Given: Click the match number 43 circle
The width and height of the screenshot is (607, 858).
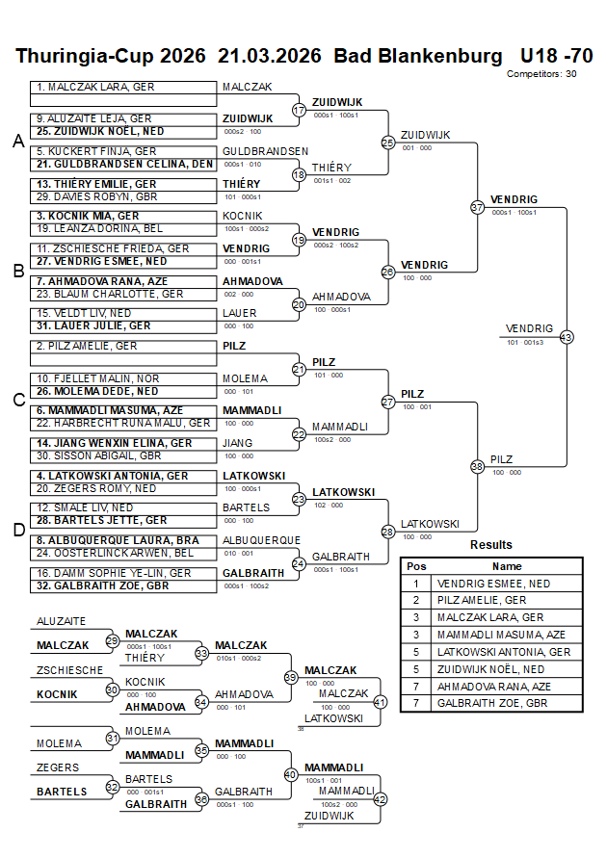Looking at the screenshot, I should coord(566,337).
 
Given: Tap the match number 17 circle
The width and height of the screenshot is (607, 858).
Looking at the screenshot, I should coord(299,110).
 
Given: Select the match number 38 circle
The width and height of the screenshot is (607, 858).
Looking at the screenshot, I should coord(477,466).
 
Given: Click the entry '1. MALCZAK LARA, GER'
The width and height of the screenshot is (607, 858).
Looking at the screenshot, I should coord(95,87).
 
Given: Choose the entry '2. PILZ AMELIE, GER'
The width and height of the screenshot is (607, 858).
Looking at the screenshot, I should coord(90,346).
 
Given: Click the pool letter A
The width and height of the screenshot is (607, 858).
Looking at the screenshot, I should coord(17,142).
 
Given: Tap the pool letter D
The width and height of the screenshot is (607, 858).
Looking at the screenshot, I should coord(17,530).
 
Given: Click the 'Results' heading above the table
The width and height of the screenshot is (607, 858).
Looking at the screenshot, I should coord(491,545).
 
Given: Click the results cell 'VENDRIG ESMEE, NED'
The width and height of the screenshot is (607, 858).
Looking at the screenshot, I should coord(493,584).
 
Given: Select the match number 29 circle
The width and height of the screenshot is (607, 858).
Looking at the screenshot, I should coord(113,640).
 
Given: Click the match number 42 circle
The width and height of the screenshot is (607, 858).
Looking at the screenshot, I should coord(380,798).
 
